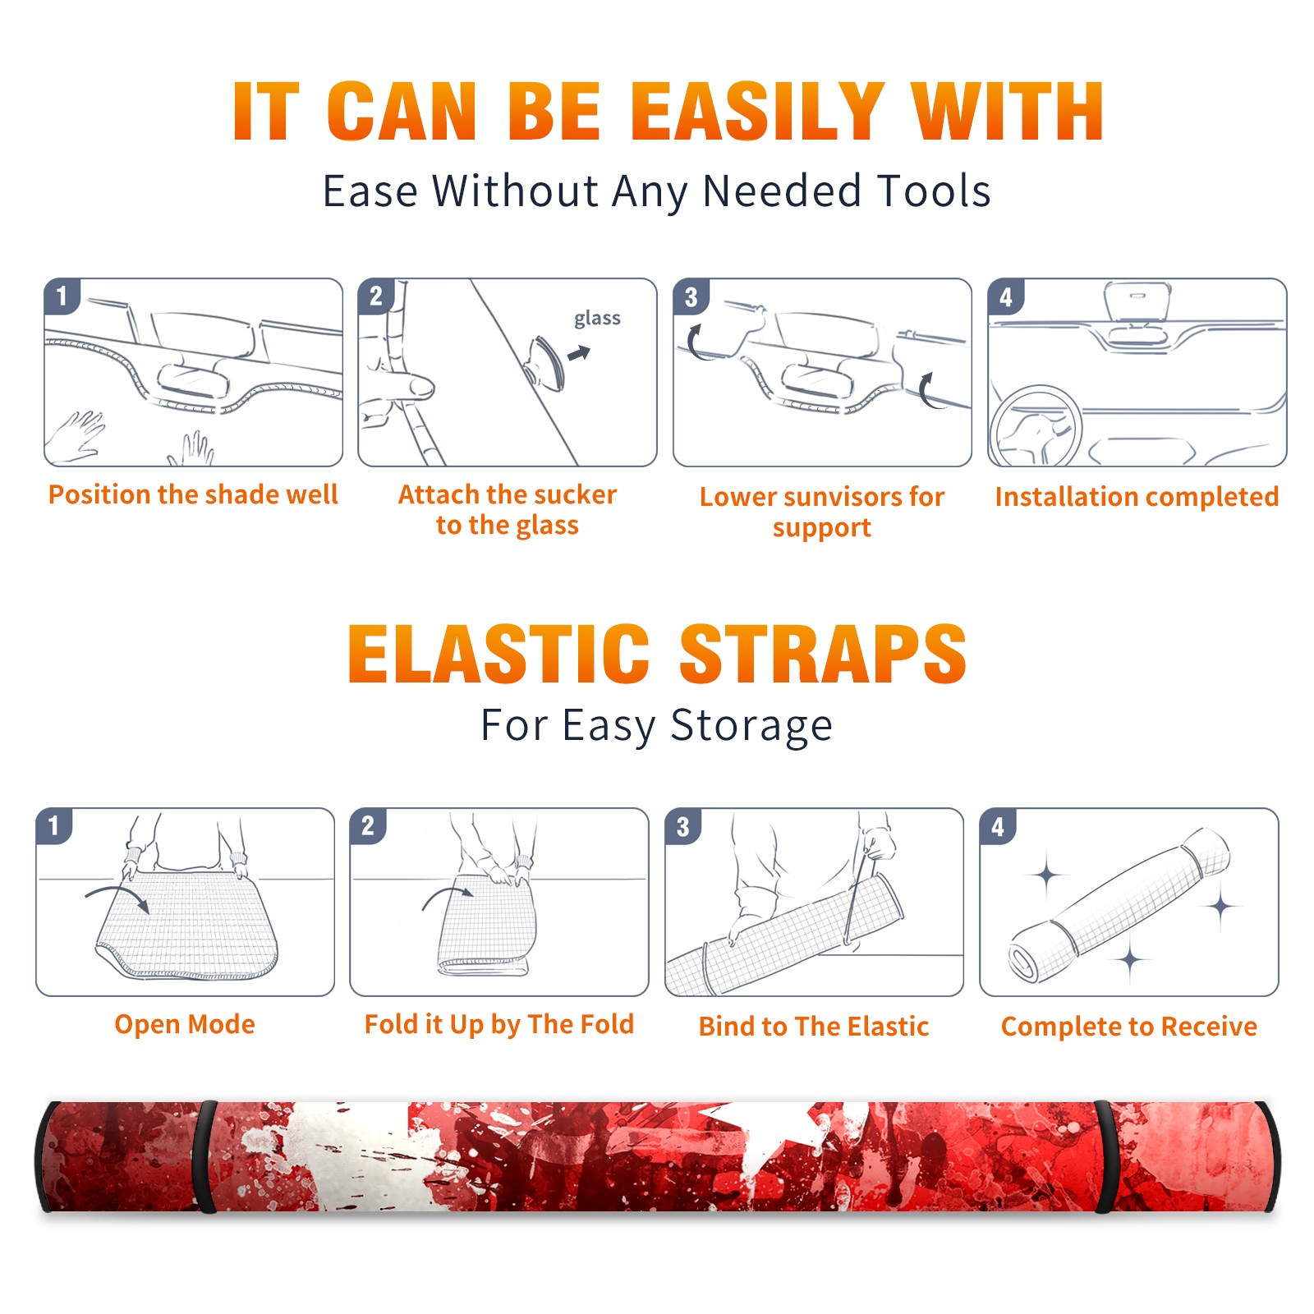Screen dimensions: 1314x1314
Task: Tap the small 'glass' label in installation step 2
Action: (x=597, y=319)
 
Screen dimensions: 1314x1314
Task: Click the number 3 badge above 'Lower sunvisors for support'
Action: (x=691, y=296)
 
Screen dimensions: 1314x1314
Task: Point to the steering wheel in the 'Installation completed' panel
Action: (x=1036, y=425)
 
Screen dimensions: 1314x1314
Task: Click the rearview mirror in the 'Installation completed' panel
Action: (x=1137, y=302)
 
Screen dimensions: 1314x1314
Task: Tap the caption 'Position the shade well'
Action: (x=193, y=494)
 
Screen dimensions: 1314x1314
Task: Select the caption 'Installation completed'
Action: (x=1137, y=497)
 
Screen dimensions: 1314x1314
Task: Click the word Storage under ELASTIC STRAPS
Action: (x=751, y=726)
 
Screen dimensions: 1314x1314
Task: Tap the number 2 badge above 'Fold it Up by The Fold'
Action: (x=368, y=826)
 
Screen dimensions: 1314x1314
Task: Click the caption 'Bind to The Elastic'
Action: (x=814, y=1027)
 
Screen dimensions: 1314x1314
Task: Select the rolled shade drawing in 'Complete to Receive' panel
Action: (x=1119, y=905)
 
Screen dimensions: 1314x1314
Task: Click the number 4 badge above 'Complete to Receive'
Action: (x=998, y=826)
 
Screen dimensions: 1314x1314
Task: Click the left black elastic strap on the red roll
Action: (x=205, y=1157)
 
